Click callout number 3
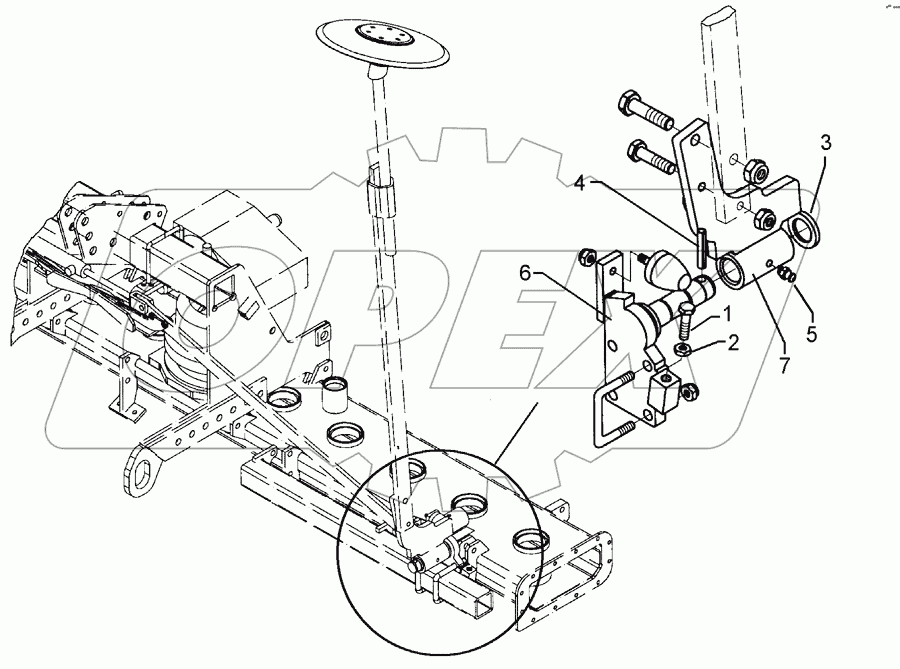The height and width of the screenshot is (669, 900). click(826, 143)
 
